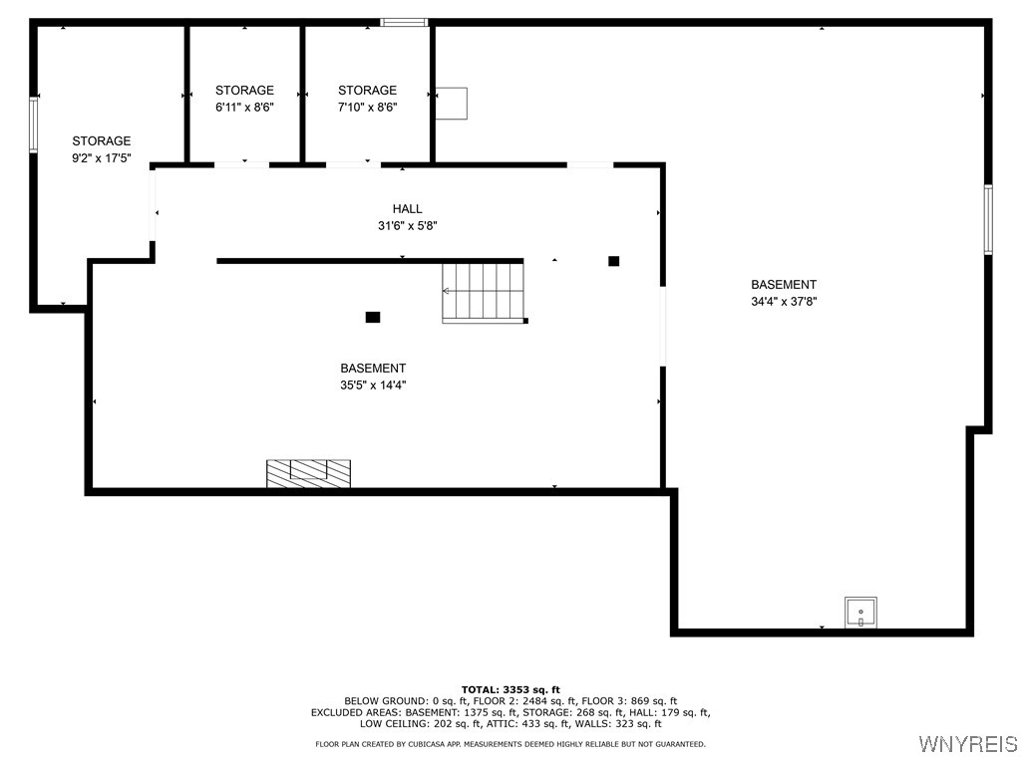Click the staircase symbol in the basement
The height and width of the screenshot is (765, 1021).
484,291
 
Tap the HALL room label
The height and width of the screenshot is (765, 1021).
407,209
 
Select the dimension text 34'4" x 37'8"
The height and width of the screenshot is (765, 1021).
784,301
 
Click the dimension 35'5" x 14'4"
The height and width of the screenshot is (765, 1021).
373,384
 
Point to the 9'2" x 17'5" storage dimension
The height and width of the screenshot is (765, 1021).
101,157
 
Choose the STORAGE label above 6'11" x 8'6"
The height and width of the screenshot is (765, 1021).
244,91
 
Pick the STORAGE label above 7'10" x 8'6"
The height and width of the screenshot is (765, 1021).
367,91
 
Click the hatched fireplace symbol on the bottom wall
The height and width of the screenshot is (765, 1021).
308,473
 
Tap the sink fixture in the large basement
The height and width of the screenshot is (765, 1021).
860,612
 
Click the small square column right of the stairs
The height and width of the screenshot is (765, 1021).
614,261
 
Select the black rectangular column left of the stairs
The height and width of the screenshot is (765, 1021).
373,317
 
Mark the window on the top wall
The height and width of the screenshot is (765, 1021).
405,22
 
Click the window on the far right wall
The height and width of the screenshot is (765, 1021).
988,219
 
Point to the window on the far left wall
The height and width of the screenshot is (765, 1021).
33,125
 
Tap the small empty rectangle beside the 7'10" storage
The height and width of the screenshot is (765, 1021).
452,103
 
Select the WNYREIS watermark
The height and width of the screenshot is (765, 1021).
966,744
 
